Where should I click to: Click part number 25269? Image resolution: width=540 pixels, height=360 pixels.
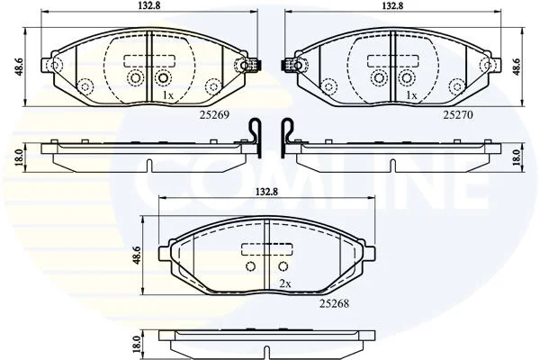pos(214,114)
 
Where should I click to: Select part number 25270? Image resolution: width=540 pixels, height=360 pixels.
pos(458,114)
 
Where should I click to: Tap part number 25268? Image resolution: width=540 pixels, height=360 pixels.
pos(334,303)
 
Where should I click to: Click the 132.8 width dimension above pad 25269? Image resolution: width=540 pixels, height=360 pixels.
pos(148,5)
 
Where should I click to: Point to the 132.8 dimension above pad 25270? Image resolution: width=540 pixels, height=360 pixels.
pos(392,5)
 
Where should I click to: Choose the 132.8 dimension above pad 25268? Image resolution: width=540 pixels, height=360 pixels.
pos(265,192)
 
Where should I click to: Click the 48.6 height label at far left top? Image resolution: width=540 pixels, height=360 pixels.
pos(19,67)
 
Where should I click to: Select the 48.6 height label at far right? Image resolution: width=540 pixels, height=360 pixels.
pos(517,67)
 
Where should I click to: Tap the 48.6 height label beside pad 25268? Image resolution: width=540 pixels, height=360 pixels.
pos(137,256)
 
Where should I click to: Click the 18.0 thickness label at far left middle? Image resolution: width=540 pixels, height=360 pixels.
pos(20,157)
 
